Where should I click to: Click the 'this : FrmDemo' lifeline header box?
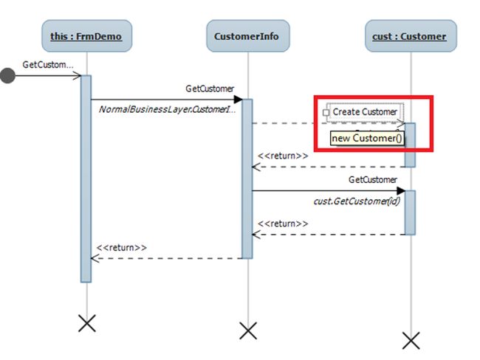pyautogui.click(x=86, y=35)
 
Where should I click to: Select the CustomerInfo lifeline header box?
pyautogui.click(x=247, y=35)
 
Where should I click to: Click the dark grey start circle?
pyautogui.click(x=7, y=75)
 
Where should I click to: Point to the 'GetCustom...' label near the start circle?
pyautogui.click(x=48, y=64)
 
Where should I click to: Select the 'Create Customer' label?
pyautogui.click(x=365, y=112)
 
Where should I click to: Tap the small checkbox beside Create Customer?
pyautogui.click(x=326, y=113)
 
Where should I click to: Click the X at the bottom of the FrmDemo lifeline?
pyautogui.click(x=87, y=322)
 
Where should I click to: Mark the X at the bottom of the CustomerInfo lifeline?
pyautogui.click(x=248, y=330)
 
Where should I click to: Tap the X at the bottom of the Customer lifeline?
pyautogui.click(x=411, y=339)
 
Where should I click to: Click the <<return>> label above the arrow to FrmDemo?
pyautogui.click(x=122, y=248)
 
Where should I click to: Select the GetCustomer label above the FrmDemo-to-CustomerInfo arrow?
pyautogui.click(x=210, y=89)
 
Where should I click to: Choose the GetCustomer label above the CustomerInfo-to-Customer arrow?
pyautogui.click(x=373, y=179)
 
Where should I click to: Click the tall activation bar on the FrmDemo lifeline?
pyautogui.click(x=86, y=177)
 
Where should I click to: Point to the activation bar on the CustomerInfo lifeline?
pyautogui.click(x=247, y=177)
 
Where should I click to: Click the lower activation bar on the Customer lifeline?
pyautogui.click(x=411, y=212)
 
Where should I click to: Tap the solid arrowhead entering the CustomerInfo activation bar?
pyautogui.click(x=238, y=99)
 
